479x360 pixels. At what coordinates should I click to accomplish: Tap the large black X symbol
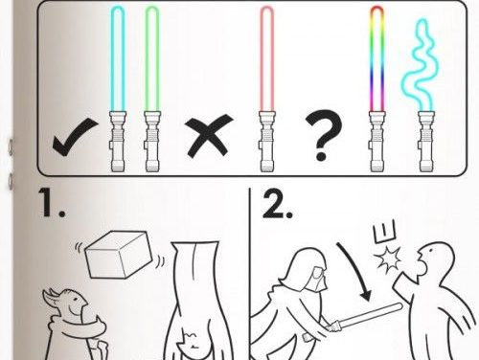pos(209,136)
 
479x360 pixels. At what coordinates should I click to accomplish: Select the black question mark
pos(323,134)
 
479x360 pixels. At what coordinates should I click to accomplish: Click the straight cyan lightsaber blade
pos(118,59)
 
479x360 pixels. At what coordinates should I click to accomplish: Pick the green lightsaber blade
pos(152,59)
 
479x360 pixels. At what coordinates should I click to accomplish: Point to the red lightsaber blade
pos(267,59)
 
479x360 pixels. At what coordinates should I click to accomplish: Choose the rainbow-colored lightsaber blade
pos(377,59)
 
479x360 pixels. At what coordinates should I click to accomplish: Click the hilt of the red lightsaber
pos(267,141)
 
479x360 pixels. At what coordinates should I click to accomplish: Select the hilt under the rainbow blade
pos(377,141)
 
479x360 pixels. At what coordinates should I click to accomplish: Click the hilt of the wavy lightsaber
pos(426,141)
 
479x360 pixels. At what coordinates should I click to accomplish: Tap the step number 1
pos(53,203)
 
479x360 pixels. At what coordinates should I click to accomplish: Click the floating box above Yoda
pos(120,255)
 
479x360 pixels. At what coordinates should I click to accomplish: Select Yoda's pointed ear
pos(52,297)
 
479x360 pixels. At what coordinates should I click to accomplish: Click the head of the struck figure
pos(436,259)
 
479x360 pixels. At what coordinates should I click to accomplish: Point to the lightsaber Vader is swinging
pos(364,317)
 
